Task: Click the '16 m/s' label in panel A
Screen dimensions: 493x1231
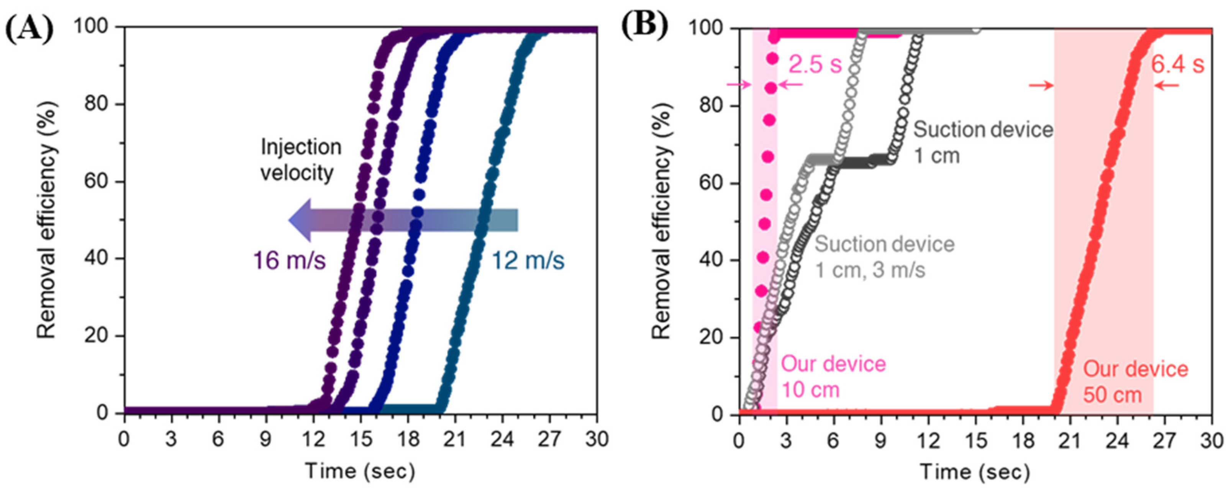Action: point(290,261)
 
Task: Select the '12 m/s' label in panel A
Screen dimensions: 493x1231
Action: point(528,261)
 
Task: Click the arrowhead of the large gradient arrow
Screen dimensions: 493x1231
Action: point(300,220)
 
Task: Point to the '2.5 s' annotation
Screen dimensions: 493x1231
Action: point(815,64)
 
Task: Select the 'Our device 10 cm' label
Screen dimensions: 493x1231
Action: point(833,377)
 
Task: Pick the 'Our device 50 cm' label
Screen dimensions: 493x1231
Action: point(1135,381)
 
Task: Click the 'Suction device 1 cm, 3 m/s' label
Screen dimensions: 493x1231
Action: point(884,257)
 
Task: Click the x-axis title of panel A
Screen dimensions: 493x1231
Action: point(360,471)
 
